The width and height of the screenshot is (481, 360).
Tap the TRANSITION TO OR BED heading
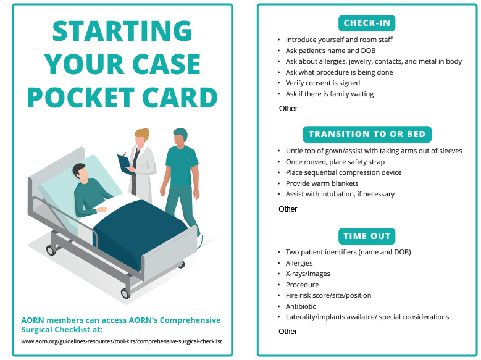point(367,134)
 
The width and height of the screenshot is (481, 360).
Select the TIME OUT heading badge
point(367,236)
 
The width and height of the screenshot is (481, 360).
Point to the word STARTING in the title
point(122,31)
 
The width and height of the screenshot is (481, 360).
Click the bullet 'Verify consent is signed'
point(322,83)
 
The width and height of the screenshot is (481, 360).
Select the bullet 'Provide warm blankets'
point(322,183)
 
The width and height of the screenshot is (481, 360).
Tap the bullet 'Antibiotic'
point(301,306)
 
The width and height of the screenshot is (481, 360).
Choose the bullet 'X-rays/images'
point(307,274)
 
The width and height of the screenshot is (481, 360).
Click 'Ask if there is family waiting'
point(329,94)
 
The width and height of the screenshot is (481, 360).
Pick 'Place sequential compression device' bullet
point(343,173)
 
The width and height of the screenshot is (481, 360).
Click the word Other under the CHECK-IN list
point(288,109)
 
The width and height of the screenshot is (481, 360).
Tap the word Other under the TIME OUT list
point(288,332)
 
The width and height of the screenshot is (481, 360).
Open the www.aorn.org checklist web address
point(122,341)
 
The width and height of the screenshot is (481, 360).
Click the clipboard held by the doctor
point(125,161)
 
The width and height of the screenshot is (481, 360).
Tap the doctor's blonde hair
point(143,133)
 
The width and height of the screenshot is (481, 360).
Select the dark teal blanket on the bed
point(142,228)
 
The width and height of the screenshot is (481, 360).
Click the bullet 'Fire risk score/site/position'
point(328,295)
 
